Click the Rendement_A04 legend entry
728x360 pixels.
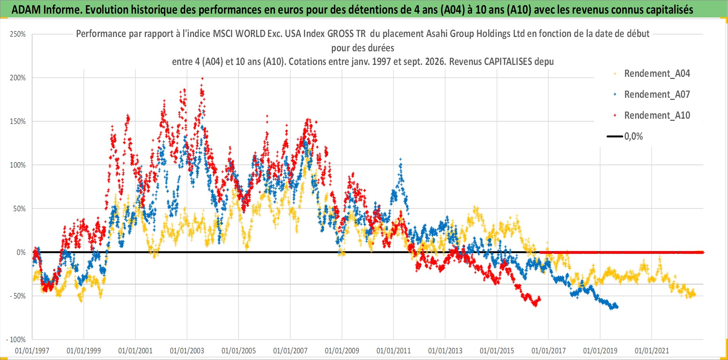[x=652, y=74]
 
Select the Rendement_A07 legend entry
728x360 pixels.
[x=652, y=95]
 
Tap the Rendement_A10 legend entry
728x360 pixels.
[x=652, y=116]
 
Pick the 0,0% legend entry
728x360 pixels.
[x=625, y=136]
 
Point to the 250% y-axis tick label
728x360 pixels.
[x=18, y=34]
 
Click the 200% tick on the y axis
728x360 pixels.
[x=18, y=78]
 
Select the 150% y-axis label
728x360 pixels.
[x=18, y=122]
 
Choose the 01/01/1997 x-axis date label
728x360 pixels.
[x=32, y=351]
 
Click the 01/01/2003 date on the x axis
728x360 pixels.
[x=187, y=351]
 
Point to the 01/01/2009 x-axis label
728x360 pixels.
[x=342, y=351]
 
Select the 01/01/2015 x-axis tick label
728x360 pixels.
[x=497, y=351]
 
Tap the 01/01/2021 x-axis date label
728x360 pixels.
[x=652, y=351]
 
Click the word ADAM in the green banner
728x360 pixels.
[x=26, y=10]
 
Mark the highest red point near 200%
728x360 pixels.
[x=202, y=79]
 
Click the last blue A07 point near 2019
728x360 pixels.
[x=617, y=307]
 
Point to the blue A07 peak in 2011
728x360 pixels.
[x=401, y=159]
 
